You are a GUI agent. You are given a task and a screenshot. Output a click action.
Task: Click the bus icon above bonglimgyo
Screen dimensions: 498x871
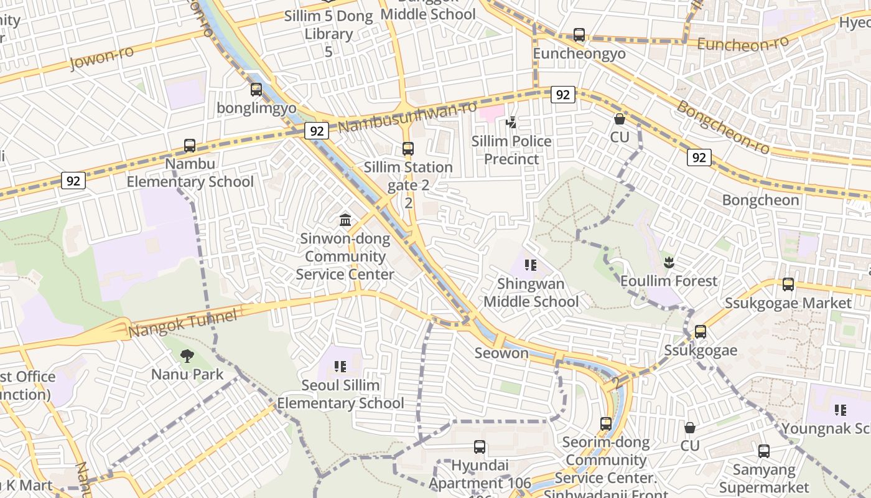[x=256, y=90]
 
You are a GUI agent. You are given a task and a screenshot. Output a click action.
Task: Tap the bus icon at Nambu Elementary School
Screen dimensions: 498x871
[x=190, y=146]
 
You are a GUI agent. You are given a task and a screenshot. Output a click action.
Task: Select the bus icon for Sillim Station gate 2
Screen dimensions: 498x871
[x=408, y=149]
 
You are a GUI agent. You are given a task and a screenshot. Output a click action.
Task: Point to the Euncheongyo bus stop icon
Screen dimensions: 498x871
[x=579, y=35]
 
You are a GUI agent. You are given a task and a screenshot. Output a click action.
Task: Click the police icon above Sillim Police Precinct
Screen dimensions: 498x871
[x=511, y=123]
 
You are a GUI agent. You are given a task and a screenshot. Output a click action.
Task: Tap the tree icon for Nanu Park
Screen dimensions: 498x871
[x=187, y=356]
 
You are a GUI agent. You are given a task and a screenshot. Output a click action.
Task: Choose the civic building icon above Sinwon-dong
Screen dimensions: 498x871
[x=345, y=220]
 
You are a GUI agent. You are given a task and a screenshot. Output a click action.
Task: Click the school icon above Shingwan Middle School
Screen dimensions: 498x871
[x=531, y=265]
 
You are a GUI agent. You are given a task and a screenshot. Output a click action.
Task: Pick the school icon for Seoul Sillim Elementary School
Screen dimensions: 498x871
[x=340, y=367]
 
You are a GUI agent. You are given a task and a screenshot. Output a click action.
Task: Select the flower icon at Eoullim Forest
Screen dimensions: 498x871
[x=669, y=263]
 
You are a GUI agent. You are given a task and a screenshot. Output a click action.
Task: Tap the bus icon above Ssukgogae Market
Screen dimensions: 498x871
[x=788, y=284]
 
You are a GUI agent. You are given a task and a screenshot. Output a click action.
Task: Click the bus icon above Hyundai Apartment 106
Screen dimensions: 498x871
[x=479, y=446]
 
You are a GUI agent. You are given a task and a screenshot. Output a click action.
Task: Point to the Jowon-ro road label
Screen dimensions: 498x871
[x=102, y=58]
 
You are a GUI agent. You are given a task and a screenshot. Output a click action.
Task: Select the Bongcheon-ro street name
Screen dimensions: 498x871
[x=723, y=128]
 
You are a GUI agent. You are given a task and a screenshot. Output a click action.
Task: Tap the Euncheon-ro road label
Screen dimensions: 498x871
[x=743, y=43]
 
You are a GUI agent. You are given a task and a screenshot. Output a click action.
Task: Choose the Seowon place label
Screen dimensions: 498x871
[x=501, y=353]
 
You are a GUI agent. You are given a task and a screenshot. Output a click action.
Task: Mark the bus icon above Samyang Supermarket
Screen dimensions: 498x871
[x=764, y=451]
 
